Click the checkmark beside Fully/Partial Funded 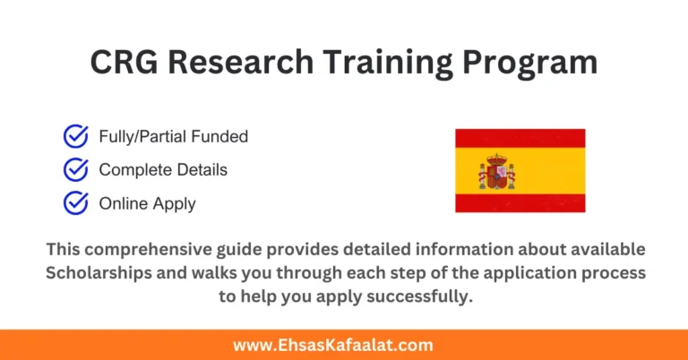[x=75, y=137]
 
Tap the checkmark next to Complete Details [x=75, y=169]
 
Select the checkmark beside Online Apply [x=75, y=203]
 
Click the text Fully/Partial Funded [x=173, y=137]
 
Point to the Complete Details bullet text [x=163, y=169]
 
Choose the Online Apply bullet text [x=147, y=203]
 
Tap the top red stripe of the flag [x=520, y=138]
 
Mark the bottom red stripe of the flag [x=520, y=202]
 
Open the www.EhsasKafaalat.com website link [x=344, y=345]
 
